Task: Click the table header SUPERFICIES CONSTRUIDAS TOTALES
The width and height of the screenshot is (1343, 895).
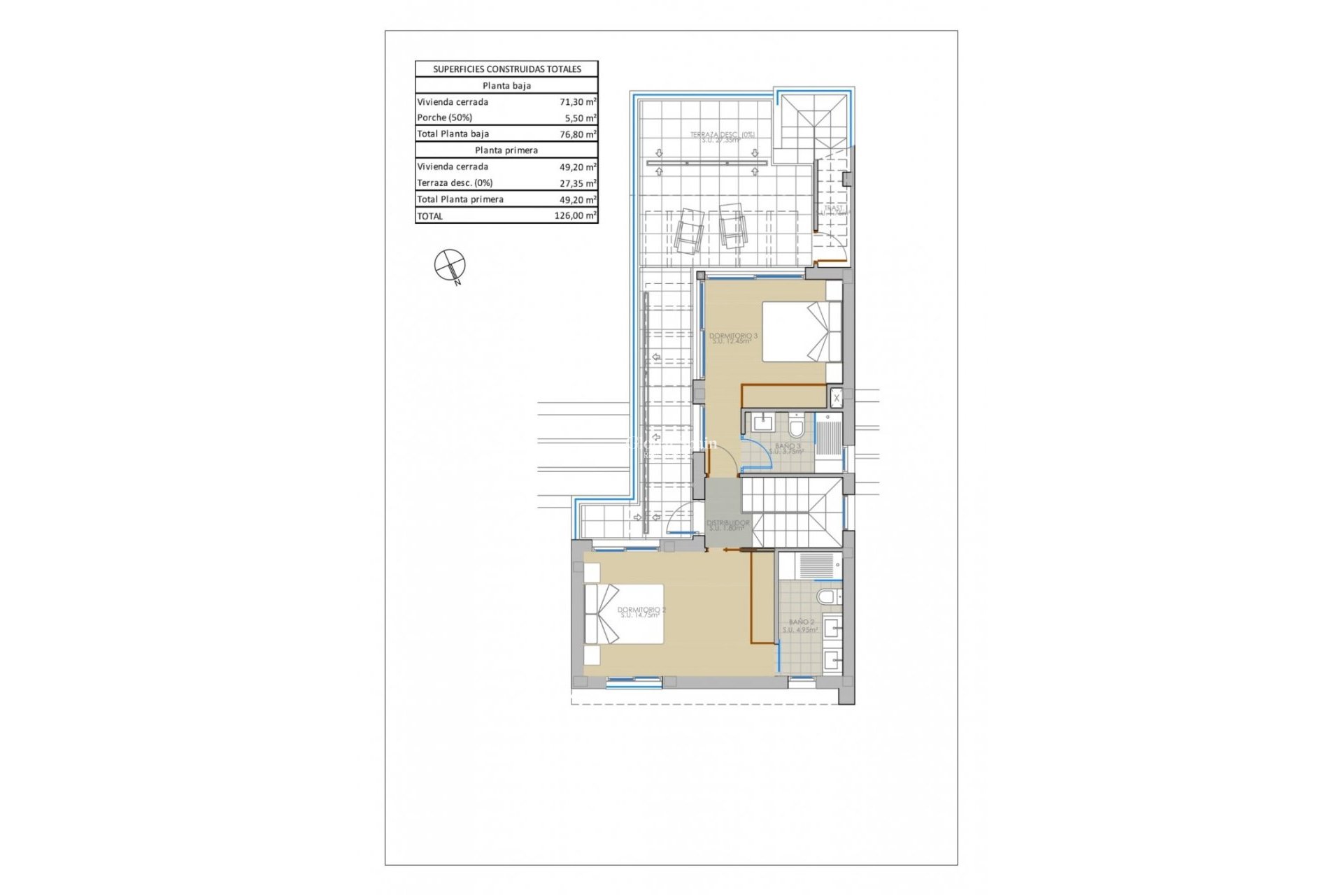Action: (x=506, y=69)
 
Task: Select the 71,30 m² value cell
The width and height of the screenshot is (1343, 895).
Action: (x=577, y=102)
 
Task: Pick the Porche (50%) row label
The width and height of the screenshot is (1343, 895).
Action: (x=445, y=117)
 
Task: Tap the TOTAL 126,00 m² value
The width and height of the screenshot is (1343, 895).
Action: (x=574, y=216)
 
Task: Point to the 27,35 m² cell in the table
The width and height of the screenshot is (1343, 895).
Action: (x=577, y=183)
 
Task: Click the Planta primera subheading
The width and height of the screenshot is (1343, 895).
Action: (x=506, y=150)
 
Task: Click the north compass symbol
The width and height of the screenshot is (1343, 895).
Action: (x=449, y=265)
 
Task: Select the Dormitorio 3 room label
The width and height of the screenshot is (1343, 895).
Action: (x=733, y=338)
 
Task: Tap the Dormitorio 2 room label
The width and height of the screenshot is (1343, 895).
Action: (x=641, y=613)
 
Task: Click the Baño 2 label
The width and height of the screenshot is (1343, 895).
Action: (x=801, y=625)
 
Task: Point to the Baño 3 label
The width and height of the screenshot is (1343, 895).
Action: (x=788, y=448)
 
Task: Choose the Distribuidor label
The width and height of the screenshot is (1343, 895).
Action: (x=727, y=525)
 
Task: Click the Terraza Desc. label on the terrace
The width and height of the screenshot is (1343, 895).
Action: (x=722, y=137)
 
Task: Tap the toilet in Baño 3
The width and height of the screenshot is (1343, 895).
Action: (x=797, y=426)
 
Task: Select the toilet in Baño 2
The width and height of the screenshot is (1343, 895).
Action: (x=827, y=596)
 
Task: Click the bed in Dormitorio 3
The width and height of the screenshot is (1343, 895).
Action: (x=801, y=331)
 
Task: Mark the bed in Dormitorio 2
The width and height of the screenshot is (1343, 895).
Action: (x=624, y=614)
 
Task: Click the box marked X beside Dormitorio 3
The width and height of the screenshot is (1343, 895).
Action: (x=836, y=398)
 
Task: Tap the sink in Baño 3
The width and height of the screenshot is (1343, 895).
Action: (x=762, y=423)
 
